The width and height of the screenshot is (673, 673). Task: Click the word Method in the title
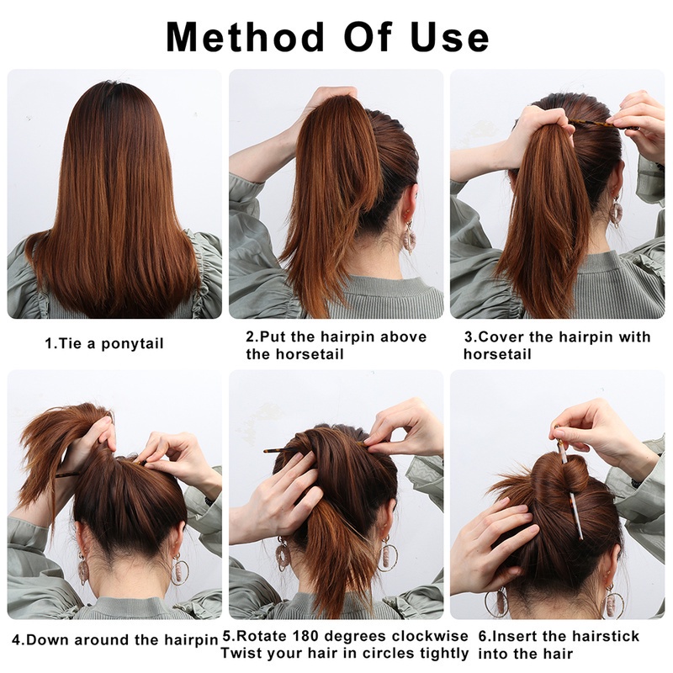coord(243,36)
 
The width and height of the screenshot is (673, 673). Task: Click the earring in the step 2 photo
coord(410,238)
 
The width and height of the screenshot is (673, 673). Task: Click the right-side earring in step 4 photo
coord(180,570)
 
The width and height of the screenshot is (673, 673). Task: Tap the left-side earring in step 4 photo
coord(83,568)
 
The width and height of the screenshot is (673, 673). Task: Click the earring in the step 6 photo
coord(495,602)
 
